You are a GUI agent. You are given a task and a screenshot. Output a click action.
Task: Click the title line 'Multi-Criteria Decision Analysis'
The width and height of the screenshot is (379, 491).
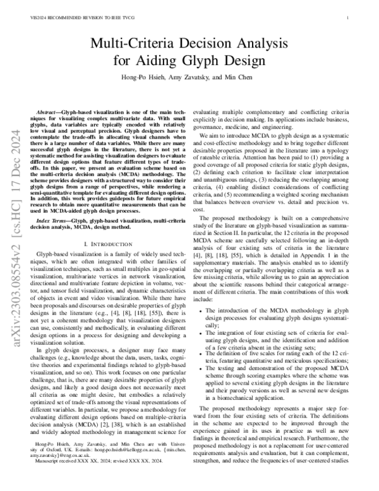[189, 44]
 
